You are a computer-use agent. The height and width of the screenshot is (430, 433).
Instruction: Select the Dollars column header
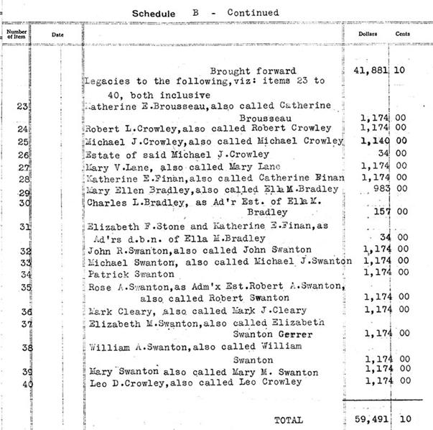tap(368, 34)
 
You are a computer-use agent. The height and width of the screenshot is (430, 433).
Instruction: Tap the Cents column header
tap(403, 34)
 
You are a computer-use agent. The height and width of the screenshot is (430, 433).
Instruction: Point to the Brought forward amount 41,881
tap(373, 71)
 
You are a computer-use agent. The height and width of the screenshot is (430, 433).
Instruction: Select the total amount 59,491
tap(373, 419)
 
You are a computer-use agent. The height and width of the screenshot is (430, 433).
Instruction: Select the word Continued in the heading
tap(253, 12)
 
